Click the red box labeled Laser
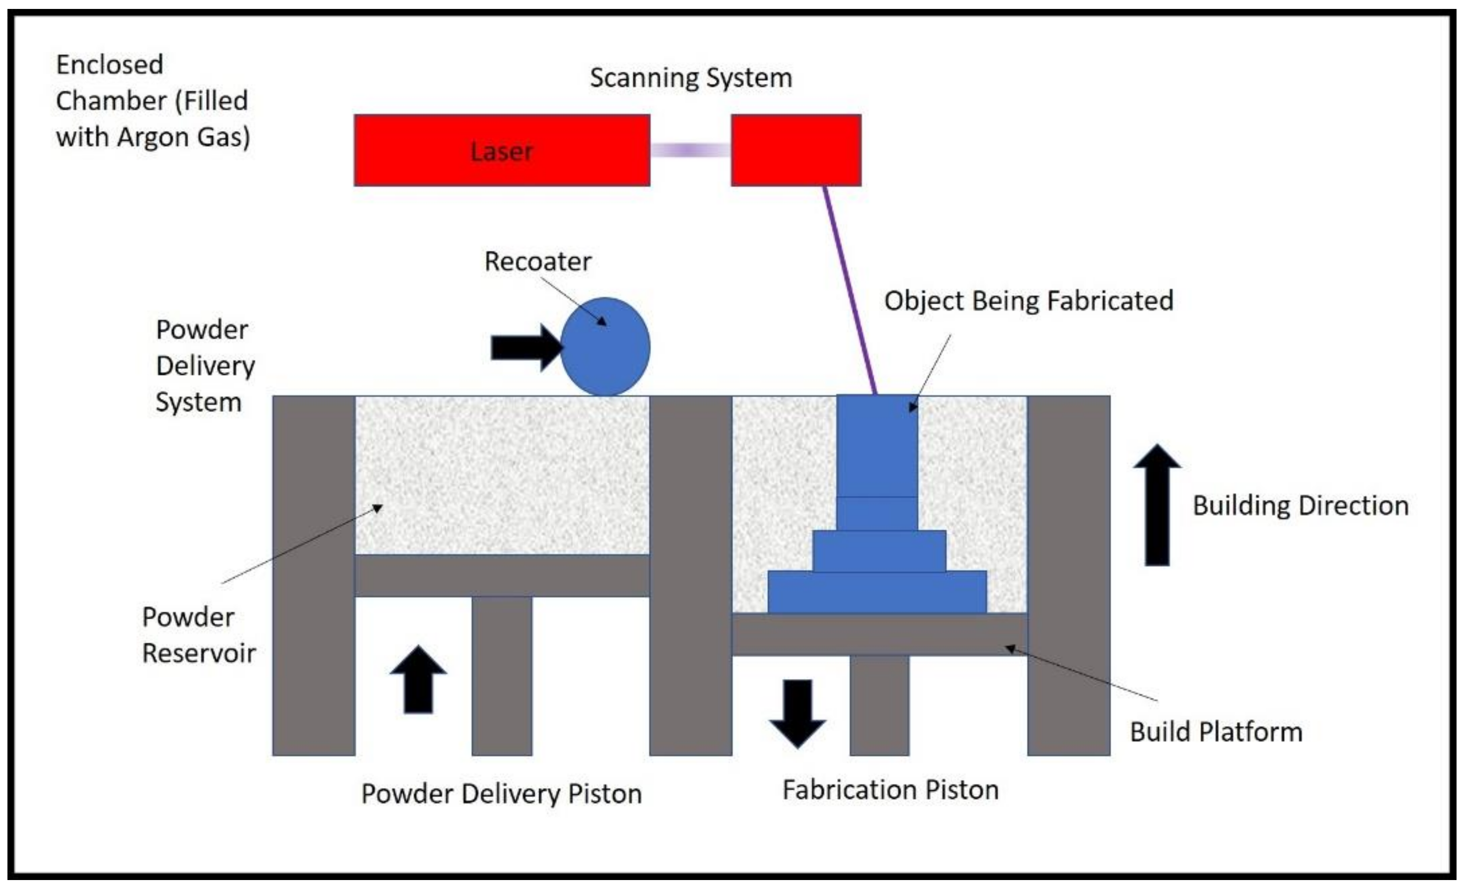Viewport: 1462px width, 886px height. pos(501,150)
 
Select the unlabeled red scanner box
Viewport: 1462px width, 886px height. pos(795,150)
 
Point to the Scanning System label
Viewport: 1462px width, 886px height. pos(691,78)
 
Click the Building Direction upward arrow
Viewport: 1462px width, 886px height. pos(1156,504)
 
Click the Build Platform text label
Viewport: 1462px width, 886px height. pos(1216,732)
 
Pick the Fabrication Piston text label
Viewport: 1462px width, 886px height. pos(890,790)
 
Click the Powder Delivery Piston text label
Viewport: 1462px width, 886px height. pos(501,793)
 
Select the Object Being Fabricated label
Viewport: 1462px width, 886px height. pos(1028,300)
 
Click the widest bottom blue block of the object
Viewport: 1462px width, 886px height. pos(876,592)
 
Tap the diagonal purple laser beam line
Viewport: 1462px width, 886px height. pos(850,291)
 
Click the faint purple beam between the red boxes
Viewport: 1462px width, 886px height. pos(690,150)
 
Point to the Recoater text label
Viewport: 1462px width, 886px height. pos(537,261)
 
